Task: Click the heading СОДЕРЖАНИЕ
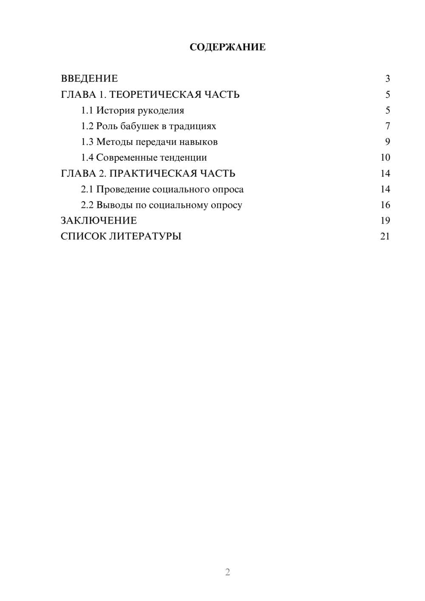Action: point(227,47)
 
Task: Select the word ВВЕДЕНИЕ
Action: point(89,79)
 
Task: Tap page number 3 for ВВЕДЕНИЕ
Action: point(388,79)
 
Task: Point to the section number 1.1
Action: point(87,111)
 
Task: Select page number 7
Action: point(388,126)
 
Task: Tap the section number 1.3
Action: point(87,142)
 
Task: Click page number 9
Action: point(388,142)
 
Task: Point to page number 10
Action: point(385,158)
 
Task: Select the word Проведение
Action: point(123,189)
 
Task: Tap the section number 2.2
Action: point(87,205)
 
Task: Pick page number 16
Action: point(385,205)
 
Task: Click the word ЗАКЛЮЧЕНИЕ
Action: point(99,221)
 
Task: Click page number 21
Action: point(385,236)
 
